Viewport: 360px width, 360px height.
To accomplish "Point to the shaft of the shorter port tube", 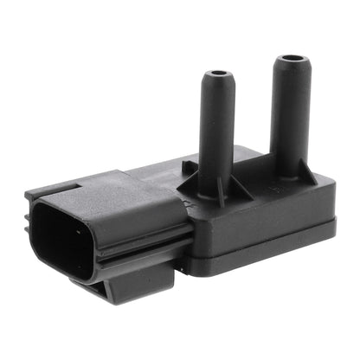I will (216, 130).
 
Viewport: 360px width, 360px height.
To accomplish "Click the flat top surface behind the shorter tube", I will (251, 169).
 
